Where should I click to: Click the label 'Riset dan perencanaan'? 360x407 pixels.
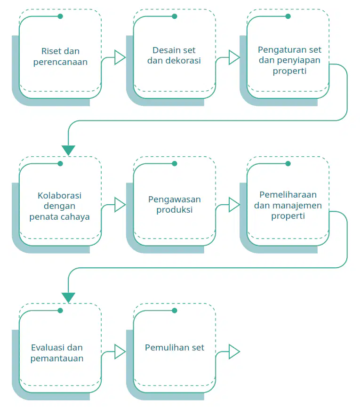click(60, 56)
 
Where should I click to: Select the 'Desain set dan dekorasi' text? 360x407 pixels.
click(174, 56)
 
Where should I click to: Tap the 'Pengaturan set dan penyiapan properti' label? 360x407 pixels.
click(289, 60)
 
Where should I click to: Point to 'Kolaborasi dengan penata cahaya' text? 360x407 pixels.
click(59, 206)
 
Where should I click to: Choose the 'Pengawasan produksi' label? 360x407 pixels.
click(175, 205)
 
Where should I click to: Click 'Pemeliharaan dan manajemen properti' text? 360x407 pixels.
click(288, 205)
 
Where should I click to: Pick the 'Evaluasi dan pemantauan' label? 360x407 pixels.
click(57, 353)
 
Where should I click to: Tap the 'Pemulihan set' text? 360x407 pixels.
click(175, 348)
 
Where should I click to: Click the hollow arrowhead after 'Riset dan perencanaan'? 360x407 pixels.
click(120, 57)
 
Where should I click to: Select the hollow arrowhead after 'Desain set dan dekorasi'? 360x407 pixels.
click(234, 57)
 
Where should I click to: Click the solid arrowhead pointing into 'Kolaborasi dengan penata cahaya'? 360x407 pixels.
click(68, 150)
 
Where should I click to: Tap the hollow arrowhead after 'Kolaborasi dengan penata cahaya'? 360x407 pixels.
click(120, 205)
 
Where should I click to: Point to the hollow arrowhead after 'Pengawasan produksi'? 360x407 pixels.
click(234, 205)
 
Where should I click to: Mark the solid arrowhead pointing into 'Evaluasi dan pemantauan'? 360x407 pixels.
click(68, 297)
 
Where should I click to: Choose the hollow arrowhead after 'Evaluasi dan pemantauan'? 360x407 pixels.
click(120, 351)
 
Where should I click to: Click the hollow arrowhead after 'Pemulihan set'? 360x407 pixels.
click(234, 351)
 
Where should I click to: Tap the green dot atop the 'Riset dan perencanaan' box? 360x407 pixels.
click(60, 16)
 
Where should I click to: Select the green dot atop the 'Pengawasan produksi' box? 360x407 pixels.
click(175, 164)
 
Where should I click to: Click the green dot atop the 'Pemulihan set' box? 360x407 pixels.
click(175, 311)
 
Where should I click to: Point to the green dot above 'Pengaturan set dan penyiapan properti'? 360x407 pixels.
click(288, 16)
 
